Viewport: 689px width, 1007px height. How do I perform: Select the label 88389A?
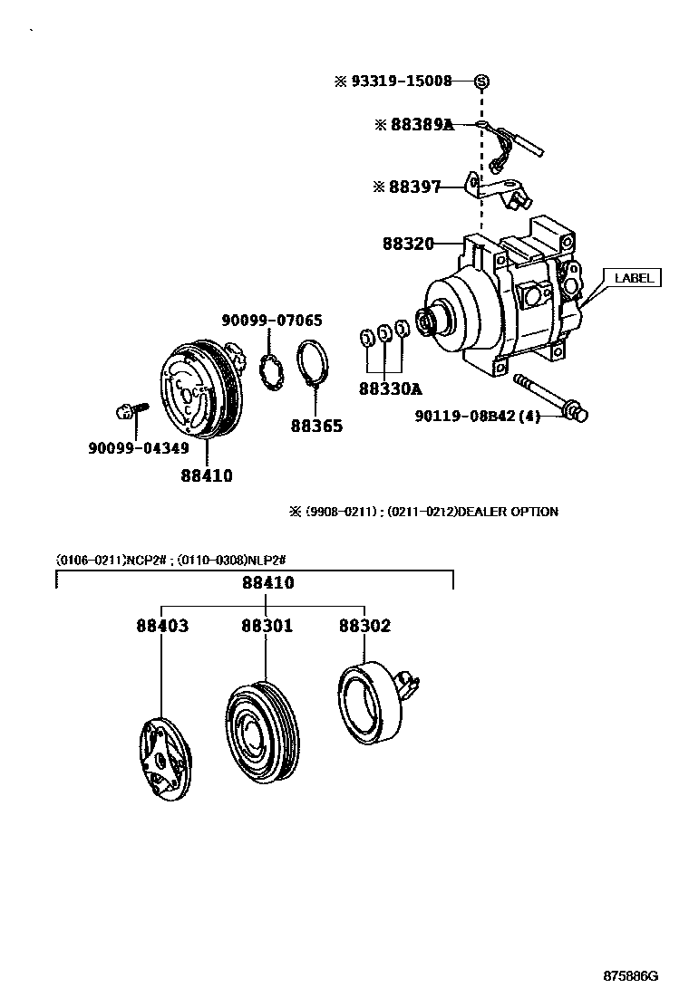(421, 125)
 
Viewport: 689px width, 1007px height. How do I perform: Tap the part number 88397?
(414, 187)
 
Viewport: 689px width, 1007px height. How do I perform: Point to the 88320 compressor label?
(408, 244)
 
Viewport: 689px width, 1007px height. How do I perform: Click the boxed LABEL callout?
(634, 278)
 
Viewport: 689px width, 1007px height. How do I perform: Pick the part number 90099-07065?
(272, 320)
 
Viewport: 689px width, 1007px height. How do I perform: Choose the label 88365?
(316, 426)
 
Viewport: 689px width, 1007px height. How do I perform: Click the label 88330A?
(391, 389)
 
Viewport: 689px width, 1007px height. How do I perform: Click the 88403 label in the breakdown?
(163, 626)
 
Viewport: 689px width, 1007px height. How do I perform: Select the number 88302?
(364, 626)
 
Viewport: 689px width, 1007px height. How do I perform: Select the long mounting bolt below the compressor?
(548, 396)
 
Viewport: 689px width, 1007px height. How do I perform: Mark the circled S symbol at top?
(482, 82)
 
